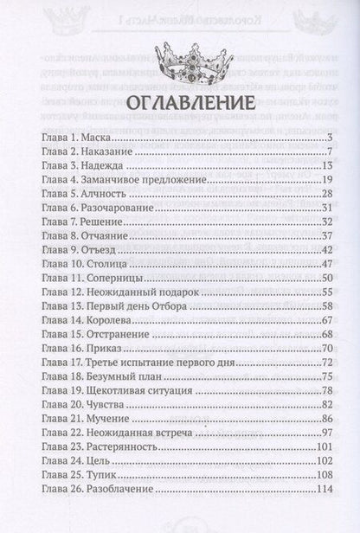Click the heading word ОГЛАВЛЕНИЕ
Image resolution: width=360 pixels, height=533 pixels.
point(180,106)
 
